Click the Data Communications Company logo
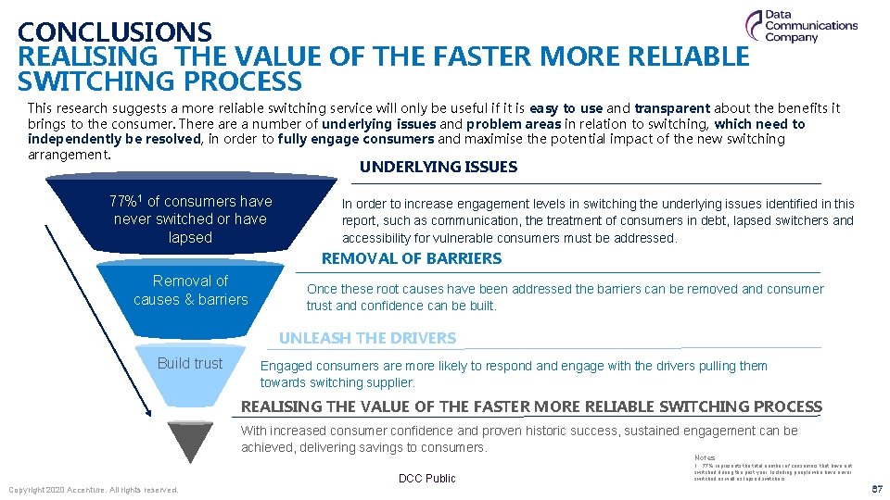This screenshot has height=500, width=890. pyautogui.click(x=801, y=27)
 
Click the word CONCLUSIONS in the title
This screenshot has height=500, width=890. pyautogui.click(x=115, y=33)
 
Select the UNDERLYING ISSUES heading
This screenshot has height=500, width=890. pyautogui.click(x=438, y=168)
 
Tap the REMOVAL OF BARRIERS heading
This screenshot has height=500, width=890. pyautogui.click(x=411, y=259)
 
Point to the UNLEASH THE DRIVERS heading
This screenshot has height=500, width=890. pyautogui.click(x=367, y=338)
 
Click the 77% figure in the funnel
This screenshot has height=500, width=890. pyautogui.click(x=126, y=201)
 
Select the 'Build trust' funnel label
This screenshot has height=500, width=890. pyautogui.click(x=190, y=363)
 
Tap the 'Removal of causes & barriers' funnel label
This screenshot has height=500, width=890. pyautogui.click(x=190, y=290)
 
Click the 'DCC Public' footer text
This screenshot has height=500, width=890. pyautogui.click(x=427, y=479)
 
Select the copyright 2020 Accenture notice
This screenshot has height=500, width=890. pyautogui.click(x=93, y=489)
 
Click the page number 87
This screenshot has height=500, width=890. pyautogui.click(x=876, y=489)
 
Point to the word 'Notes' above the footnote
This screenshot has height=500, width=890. pyautogui.click(x=704, y=457)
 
